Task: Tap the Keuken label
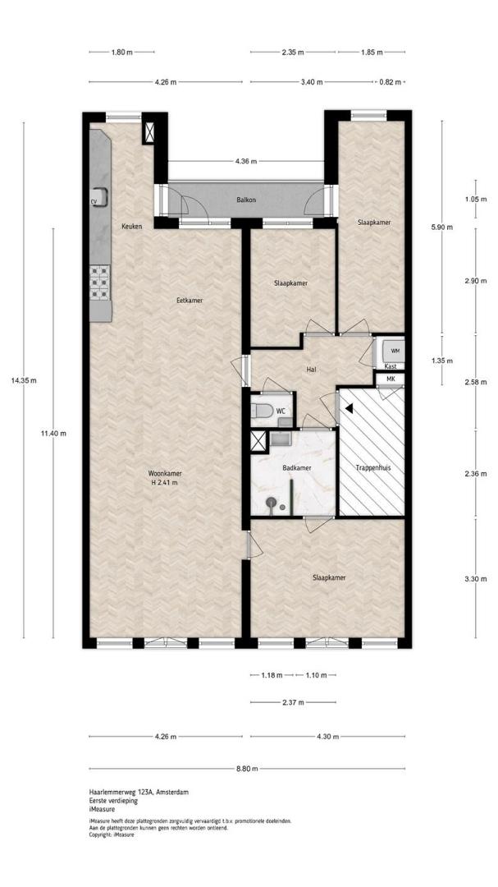[131, 227]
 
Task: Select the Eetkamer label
[190, 301]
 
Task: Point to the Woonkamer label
[164, 473]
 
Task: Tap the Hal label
[310, 370]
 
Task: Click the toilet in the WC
[263, 410]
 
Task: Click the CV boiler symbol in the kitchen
[98, 197]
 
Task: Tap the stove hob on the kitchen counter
[99, 283]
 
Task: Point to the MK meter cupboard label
[391, 379]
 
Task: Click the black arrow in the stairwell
[350, 407]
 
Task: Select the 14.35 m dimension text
[24, 380]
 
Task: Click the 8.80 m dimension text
[247, 768]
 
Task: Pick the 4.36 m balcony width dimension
[246, 161]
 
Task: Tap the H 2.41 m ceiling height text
[164, 483]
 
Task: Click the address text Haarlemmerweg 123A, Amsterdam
[139, 792]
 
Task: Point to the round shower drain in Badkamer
[272, 501]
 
